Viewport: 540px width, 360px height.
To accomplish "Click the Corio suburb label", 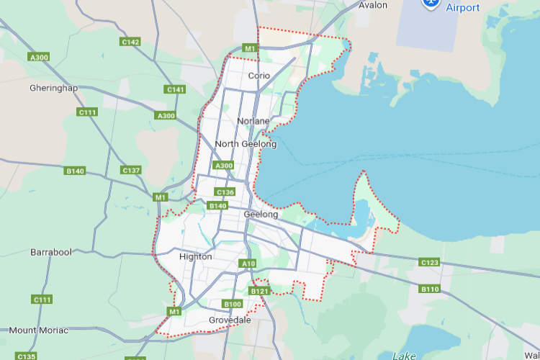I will (258, 76).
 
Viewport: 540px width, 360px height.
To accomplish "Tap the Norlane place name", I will (253, 121).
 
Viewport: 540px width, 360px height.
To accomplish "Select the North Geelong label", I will (246, 144).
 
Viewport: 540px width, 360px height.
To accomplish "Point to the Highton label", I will (195, 256).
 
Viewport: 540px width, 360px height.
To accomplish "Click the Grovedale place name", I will (230, 320).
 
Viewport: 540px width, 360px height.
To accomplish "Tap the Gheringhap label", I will (53, 88).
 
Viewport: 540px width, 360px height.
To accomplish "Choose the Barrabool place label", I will (51, 253).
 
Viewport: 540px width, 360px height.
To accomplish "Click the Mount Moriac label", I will (39, 330).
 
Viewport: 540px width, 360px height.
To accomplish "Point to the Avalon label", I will (373, 5).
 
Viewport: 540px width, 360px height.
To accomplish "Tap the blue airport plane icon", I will (431, 3).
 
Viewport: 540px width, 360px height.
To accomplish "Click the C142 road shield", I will (130, 42).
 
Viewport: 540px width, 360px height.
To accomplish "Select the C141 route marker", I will (175, 89).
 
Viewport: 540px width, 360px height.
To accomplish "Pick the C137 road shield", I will (131, 170).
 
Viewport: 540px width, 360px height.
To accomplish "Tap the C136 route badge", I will (225, 192).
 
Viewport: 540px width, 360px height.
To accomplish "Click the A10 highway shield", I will (248, 264).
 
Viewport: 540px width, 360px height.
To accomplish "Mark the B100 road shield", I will (233, 304).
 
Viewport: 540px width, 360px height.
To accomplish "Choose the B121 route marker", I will (258, 291).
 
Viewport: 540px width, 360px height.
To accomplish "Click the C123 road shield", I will (430, 262).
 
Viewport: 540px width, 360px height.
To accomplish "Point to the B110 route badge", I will (430, 289).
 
